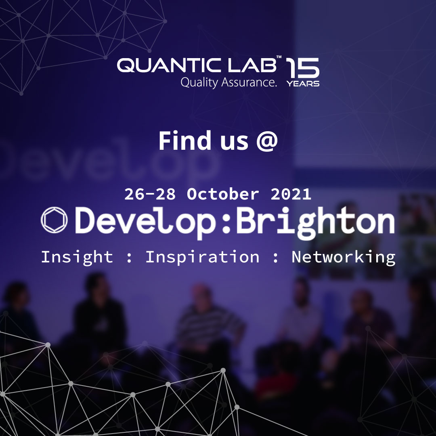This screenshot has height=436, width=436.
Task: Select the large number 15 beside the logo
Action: click(303, 68)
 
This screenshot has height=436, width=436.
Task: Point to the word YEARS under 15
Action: click(303, 84)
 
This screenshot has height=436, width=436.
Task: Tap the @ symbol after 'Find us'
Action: click(266, 141)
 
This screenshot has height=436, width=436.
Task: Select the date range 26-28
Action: click(150, 194)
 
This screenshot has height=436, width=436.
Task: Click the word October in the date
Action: click(223, 194)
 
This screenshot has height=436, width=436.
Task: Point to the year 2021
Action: click(291, 194)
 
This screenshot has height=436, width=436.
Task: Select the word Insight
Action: click(77, 257)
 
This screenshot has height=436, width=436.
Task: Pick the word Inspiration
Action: click(202, 257)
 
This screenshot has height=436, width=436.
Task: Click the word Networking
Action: click(343, 257)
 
